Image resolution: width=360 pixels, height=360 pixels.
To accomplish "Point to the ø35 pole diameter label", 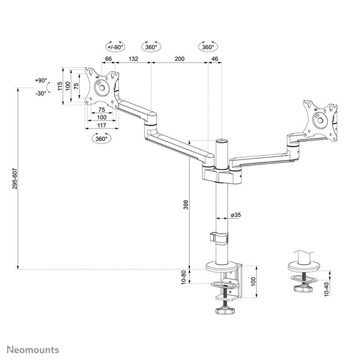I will coord(235,215).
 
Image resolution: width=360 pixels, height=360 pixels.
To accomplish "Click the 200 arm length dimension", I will coord(178,58).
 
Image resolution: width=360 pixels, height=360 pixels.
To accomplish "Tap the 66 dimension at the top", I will coord(109,58).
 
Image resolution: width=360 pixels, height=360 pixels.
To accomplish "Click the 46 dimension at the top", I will coord(214,58).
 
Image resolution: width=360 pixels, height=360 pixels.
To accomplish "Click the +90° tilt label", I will coord(40,81).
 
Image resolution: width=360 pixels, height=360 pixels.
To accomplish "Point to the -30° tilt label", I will coord(40,93).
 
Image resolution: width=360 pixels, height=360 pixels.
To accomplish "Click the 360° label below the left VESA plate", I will coord(101,139).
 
